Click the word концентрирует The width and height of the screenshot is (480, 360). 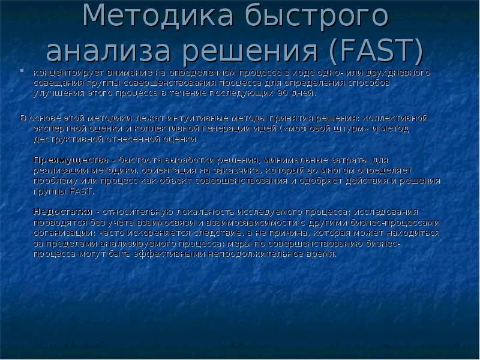coord(66,73)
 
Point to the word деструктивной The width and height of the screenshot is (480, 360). coord(68,139)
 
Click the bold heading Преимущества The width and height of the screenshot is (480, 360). coord(70,160)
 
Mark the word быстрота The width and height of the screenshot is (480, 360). coord(140,160)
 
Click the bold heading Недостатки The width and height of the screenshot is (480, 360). coord(62,212)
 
